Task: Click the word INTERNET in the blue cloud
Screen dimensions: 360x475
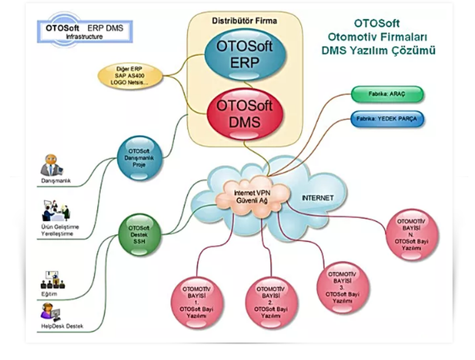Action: (318, 198)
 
